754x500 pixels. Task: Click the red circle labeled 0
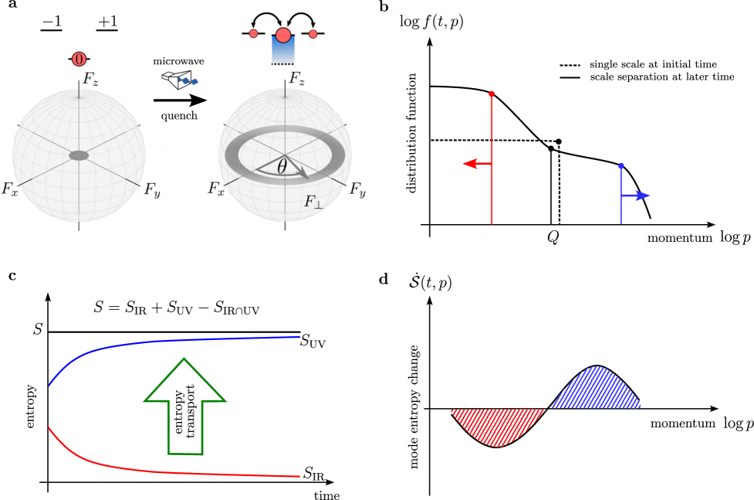[79, 58]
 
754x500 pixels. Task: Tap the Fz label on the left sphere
[91, 80]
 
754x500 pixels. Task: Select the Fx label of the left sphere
[9, 189]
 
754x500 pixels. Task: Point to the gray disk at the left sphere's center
[79, 155]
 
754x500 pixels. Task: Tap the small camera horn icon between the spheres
[179, 79]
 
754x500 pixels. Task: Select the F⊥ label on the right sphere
[313, 202]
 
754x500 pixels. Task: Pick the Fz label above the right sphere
[297, 79]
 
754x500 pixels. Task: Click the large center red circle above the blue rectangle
[283, 35]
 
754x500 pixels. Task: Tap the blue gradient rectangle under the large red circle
[283, 52]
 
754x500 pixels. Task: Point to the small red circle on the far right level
[313, 34]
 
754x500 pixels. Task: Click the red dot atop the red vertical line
[492, 94]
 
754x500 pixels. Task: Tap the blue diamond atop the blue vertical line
[620, 165]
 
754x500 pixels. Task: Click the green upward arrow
[185, 405]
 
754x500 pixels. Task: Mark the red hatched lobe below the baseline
[499, 425]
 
